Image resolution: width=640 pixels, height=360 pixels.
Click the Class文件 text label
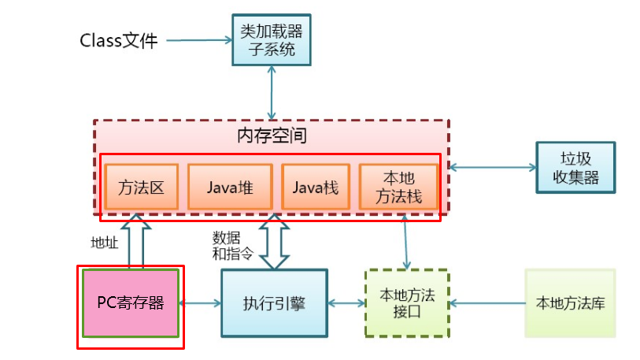[119, 40]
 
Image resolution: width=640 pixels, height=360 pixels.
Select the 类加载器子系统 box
[272, 39]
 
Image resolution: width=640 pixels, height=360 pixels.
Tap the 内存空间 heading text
[272, 135]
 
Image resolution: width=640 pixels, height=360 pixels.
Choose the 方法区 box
[142, 188]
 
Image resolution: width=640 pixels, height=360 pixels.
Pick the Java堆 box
[229, 188]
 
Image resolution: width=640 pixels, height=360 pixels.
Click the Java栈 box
[315, 188]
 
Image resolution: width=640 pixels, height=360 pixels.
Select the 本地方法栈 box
[398, 188]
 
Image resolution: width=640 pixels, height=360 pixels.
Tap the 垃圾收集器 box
[575, 168]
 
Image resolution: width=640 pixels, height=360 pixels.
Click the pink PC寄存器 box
[131, 302]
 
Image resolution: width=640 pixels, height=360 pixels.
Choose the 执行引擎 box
[274, 302]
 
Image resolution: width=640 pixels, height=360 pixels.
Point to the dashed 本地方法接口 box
[406, 302]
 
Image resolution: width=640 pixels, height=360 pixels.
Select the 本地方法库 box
[570, 302]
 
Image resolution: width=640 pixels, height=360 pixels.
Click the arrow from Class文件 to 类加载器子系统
[198, 40]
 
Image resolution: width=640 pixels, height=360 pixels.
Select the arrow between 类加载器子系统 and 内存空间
[272, 92]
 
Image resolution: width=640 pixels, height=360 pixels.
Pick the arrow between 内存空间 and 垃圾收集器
[492, 167]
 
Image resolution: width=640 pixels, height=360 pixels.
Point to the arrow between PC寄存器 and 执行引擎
[200, 302]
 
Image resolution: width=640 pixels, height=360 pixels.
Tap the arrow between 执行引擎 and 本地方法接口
[346, 302]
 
